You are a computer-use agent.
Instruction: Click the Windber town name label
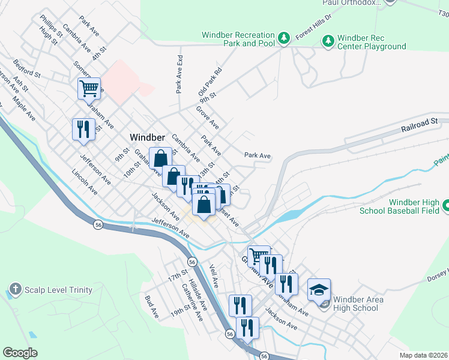click(x=148, y=137)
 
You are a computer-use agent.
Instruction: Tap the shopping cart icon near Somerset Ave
click(x=88, y=89)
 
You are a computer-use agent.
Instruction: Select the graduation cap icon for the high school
click(x=319, y=290)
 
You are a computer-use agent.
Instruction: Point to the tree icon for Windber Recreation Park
click(x=285, y=37)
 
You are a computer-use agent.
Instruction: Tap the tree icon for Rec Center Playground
click(x=328, y=41)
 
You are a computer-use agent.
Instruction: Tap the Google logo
click(x=20, y=352)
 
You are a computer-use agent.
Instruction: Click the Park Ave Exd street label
click(x=179, y=74)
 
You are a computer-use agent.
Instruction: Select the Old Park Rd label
click(x=210, y=83)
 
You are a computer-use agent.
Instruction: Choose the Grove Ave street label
click(x=208, y=118)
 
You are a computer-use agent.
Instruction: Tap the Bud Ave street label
click(x=152, y=306)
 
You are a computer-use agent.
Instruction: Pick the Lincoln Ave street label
click(x=85, y=184)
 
